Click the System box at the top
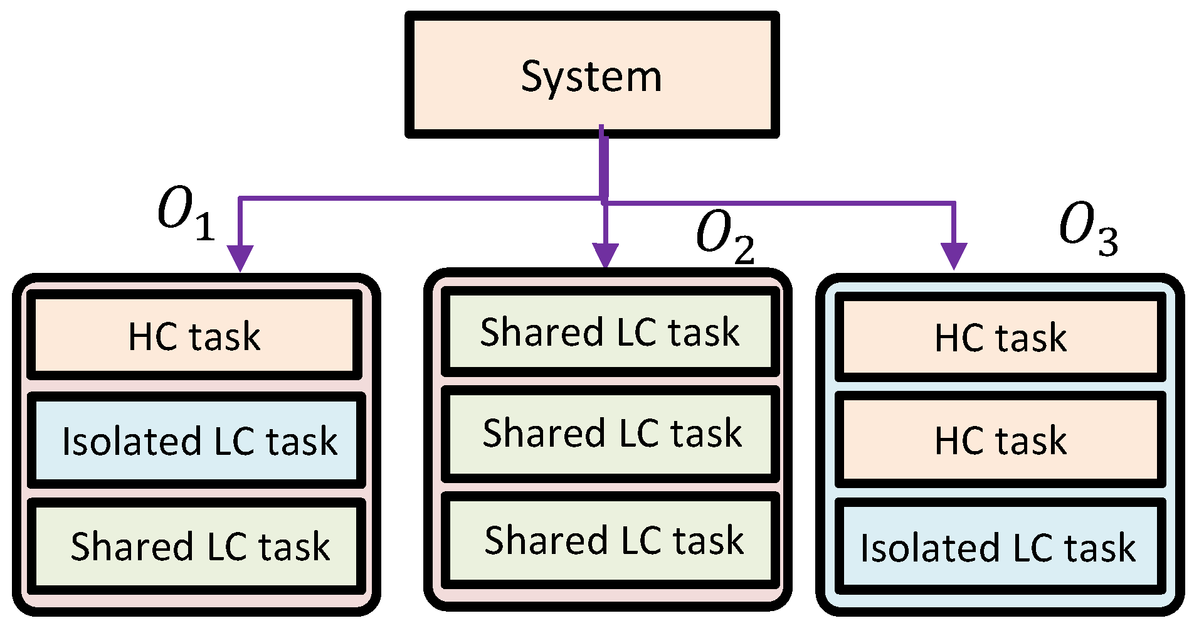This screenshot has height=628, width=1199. point(592,74)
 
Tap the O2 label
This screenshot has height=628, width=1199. point(725,236)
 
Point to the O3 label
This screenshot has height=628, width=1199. point(1088,228)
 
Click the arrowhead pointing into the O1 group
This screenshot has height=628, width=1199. point(240,257)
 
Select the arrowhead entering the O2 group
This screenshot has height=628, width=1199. point(605,255)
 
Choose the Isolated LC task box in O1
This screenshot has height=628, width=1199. point(197,440)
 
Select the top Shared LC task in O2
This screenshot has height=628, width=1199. point(610,332)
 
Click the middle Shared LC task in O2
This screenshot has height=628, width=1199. point(611,434)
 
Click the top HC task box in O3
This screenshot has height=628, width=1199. point(1000,339)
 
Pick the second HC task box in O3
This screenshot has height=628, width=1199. point(1000,440)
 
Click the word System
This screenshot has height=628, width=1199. point(591,77)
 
